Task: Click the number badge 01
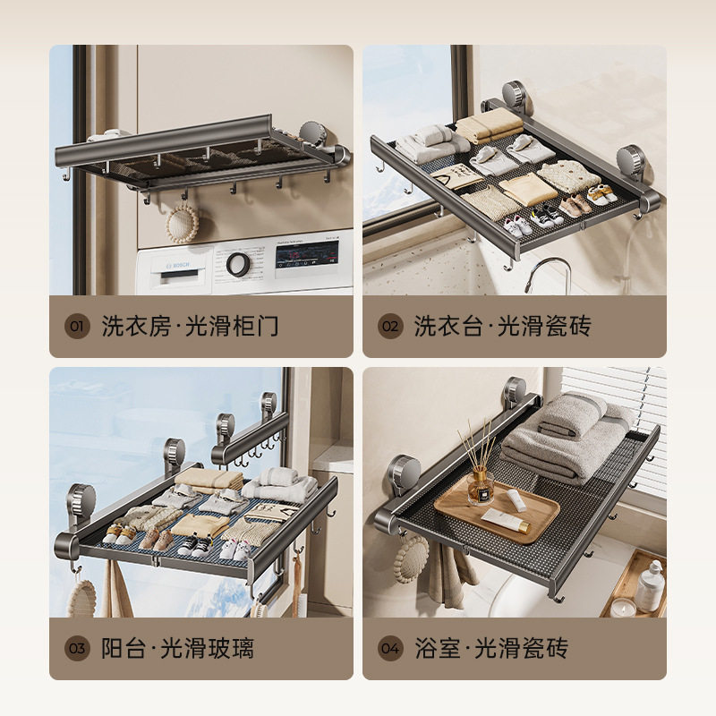click(x=77, y=326)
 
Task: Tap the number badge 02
click(x=390, y=326)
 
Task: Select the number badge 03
click(x=77, y=648)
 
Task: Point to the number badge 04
click(x=390, y=648)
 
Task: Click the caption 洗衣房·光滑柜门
click(x=190, y=326)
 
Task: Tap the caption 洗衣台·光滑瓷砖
click(x=503, y=326)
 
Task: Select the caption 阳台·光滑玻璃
click(x=177, y=648)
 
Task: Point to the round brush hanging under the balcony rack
click(x=83, y=598)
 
